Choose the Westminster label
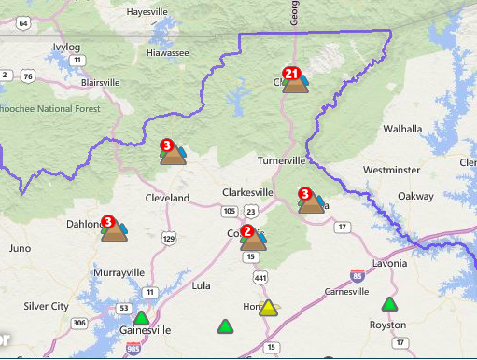[391, 171]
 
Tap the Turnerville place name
[281, 160]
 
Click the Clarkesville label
[247, 192]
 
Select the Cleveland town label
[167, 198]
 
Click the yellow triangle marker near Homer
[268, 308]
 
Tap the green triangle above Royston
[389, 304]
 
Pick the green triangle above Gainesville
[141, 317]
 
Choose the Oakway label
[414, 197]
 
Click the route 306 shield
[79, 323]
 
